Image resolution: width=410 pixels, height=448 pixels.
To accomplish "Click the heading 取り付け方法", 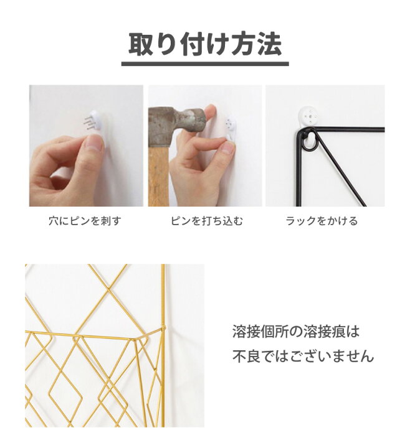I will (x=205, y=44).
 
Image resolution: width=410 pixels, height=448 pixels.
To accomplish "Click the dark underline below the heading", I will (x=205, y=63).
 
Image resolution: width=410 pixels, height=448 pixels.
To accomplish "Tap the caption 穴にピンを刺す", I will (x=85, y=221).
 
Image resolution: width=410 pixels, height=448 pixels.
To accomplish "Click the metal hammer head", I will (x=175, y=119).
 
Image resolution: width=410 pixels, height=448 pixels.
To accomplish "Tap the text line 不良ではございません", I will (x=303, y=356).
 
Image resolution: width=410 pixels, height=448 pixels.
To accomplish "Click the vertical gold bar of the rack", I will (x=164, y=373).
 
